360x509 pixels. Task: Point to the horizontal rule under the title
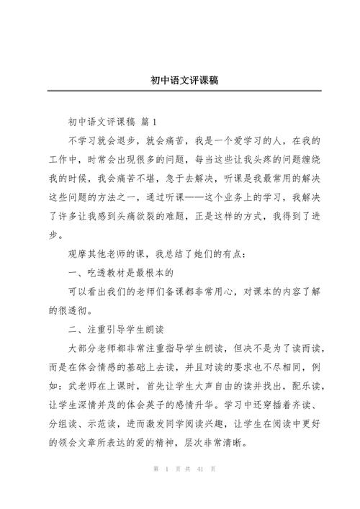[x=180, y=91]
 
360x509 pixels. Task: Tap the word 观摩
[x=78, y=253]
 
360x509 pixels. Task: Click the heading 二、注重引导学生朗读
[x=116, y=328]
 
